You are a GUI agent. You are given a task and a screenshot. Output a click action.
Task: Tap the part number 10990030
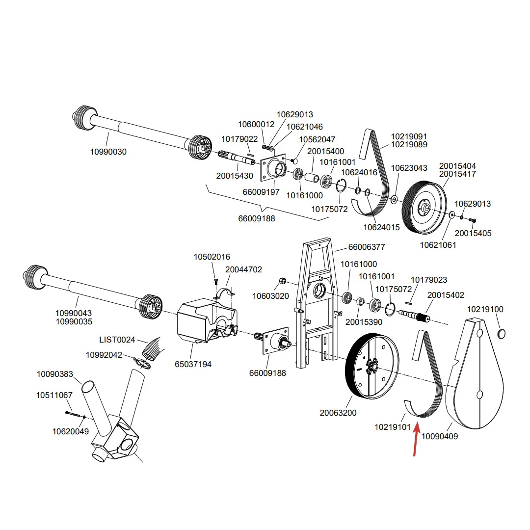tap(108, 152)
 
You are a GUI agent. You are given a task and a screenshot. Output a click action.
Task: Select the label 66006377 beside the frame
tap(367, 247)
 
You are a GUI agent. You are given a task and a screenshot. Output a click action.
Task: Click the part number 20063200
tap(338, 413)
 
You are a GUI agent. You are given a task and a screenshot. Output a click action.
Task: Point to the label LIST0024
tap(117, 340)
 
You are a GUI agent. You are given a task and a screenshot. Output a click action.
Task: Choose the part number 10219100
tap(485, 309)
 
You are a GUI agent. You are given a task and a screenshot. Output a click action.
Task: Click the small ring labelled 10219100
tap(502, 334)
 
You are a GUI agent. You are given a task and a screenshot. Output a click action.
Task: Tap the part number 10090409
tap(439, 436)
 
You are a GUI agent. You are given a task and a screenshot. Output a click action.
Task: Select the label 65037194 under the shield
tap(193, 364)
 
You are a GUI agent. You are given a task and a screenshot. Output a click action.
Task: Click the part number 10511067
tap(54, 395)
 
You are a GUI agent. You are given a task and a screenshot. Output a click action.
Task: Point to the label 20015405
tap(473, 233)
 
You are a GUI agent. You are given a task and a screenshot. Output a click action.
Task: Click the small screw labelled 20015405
tap(473, 220)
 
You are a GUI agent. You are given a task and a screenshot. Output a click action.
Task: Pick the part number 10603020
tap(271, 296)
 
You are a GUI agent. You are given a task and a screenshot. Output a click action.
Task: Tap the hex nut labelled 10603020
tap(283, 281)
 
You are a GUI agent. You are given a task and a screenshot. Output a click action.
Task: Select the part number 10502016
tap(212, 257)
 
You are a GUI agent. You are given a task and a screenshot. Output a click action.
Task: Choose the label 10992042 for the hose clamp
tap(104, 355)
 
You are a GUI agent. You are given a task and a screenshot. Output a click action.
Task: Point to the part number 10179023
tap(428, 280)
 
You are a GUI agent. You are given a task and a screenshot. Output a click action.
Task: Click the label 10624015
tap(381, 228)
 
